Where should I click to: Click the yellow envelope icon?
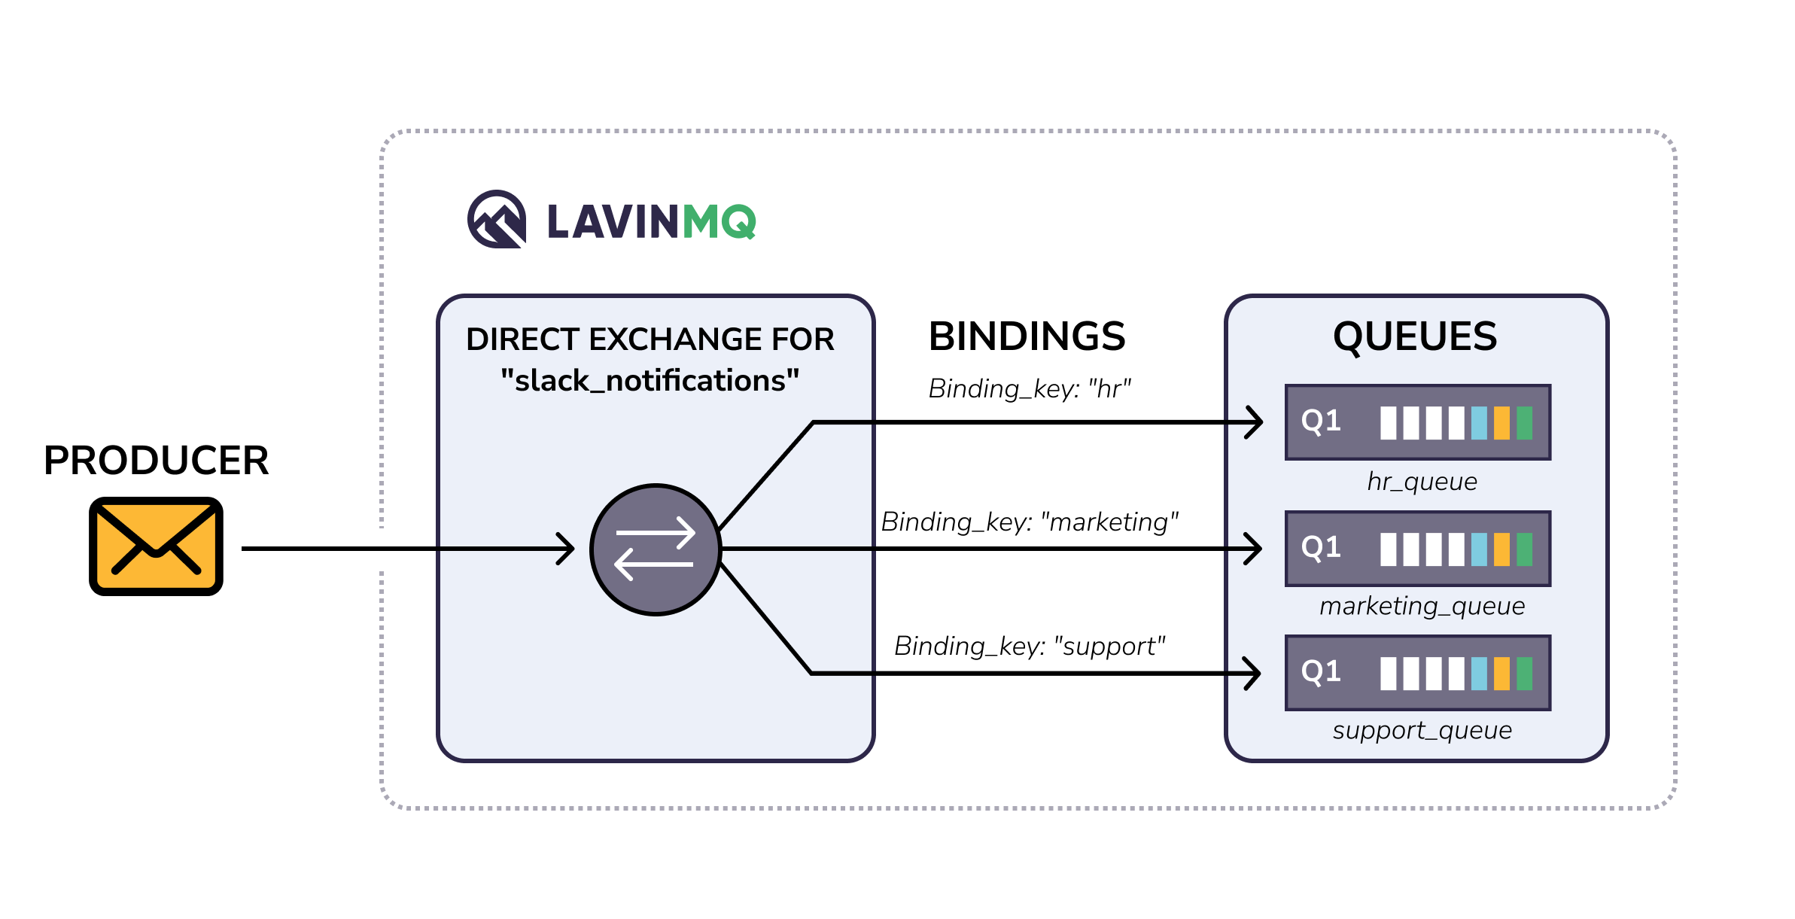pos(156,546)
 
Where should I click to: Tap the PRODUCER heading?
pos(156,461)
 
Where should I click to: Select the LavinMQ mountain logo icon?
pos(497,220)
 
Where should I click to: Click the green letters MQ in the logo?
pos(719,222)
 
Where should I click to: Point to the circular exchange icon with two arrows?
pos(656,549)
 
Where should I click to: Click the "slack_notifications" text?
pos(650,381)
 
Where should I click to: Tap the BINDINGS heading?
pos(1027,336)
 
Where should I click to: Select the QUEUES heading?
pos(1415,336)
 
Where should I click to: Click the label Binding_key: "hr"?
pos(1029,389)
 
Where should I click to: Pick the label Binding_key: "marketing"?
pos(1029,522)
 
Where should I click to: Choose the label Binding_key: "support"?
pos(1029,646)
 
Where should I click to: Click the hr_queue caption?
pos(1422,482)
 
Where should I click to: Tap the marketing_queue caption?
pos(1422,606)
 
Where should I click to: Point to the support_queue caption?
pos(1422,730)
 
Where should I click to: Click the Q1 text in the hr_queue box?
pos(1321,421)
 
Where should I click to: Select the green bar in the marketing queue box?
pos(1524,549)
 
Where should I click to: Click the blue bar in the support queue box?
pos(1479,674)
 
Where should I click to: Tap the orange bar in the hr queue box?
pos(1501,423)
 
